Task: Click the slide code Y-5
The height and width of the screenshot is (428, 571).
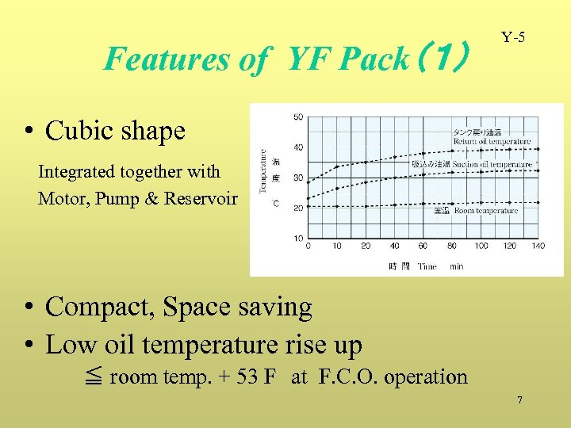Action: (x=513, y=37)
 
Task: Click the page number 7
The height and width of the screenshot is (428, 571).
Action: (x=519, y=400)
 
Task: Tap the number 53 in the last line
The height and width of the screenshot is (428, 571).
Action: (x=247, y=376)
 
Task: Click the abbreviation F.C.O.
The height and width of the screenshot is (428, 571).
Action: (x=343, y=376)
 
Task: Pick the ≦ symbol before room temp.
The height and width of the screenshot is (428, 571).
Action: (x=93, y=377)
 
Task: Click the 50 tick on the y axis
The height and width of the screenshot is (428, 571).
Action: (x=298, y=117)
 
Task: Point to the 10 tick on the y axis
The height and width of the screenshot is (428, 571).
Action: (x=298, y=238)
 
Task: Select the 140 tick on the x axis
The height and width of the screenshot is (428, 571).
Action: (x=538, y=246)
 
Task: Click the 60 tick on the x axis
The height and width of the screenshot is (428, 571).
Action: (x=423, y=246)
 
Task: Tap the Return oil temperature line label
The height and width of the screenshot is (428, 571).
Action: (x=492, y=141)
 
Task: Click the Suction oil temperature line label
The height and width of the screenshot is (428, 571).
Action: (x=492, y=164)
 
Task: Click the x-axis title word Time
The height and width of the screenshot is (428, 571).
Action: (x=427, y=266)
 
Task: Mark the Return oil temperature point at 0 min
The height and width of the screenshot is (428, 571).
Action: (x=308, y=180)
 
